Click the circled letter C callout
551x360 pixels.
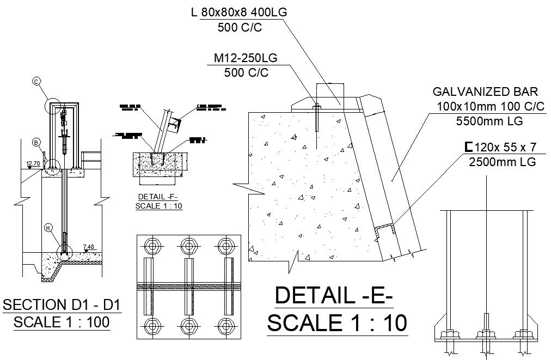36,82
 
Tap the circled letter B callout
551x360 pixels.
36,143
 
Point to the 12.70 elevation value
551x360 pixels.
33,162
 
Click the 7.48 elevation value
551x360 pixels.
89,247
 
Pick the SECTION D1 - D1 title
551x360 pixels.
62,304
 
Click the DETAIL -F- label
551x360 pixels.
158,197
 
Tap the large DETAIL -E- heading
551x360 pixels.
334,296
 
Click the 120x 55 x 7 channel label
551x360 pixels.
499,147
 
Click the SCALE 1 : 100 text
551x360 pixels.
62,321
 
